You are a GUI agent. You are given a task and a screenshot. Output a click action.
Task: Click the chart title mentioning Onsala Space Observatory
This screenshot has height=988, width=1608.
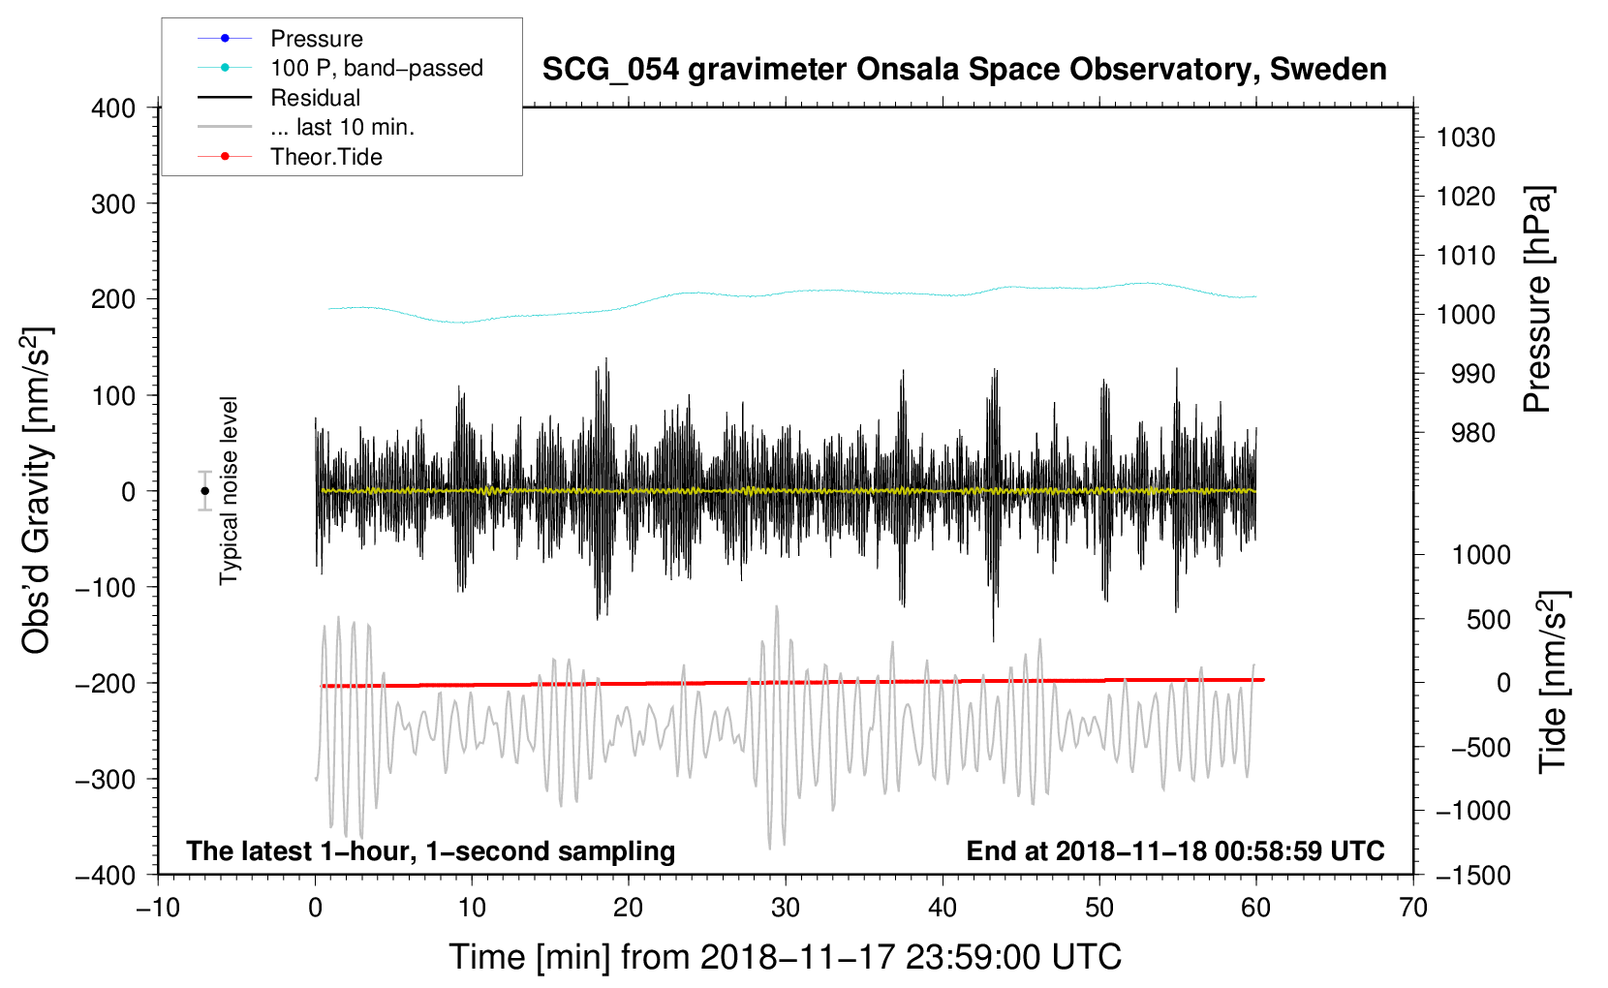click(964, 70)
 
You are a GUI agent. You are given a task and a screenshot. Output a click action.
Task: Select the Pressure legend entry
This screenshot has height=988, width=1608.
click(281, 38)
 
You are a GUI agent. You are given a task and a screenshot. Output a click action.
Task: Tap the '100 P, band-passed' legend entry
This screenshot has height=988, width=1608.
click(340, 68)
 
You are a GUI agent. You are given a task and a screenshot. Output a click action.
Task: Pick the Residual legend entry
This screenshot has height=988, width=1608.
click(279, 98)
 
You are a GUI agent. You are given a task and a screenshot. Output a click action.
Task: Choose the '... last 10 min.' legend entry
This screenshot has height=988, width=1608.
click(306, 127)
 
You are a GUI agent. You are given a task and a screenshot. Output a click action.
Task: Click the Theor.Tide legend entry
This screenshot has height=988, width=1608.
click(290, 157)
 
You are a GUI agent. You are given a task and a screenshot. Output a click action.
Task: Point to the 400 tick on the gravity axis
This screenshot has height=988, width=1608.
click(113, 108)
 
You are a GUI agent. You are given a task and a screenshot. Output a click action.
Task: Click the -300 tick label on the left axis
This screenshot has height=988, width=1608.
click(106, 779)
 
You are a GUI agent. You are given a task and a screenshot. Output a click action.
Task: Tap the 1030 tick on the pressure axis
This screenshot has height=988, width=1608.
click(1466, 138)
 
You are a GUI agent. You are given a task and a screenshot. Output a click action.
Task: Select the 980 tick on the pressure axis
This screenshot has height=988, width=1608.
click(1473, 433)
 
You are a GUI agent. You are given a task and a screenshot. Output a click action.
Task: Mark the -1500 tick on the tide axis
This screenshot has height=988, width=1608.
click(1473, 876)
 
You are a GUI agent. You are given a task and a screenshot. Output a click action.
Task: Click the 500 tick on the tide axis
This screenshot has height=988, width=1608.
click(1489, 619)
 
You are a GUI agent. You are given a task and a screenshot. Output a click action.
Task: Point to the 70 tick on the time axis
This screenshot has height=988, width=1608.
click(1413, 909)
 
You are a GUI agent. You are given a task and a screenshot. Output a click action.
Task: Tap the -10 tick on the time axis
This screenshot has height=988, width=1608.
click(158, 909)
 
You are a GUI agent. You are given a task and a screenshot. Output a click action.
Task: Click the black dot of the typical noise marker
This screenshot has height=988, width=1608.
click(204, 491)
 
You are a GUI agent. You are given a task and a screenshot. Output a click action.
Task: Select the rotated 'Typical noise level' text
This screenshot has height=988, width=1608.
click(228, 491)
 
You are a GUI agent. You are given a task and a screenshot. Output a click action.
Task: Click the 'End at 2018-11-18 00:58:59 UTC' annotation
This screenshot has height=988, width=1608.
click(1175, 850)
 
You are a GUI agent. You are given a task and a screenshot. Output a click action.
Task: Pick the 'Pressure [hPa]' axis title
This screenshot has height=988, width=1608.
click(1537, 299)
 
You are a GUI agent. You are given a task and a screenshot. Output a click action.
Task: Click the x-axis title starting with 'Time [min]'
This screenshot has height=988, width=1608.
click(785, 957)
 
